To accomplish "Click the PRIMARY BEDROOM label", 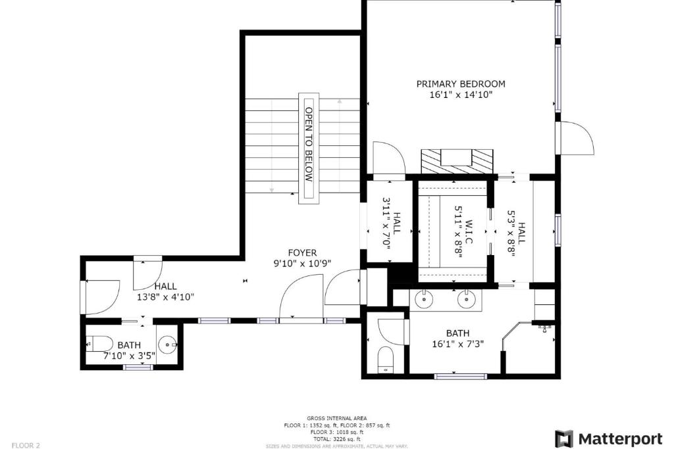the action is tap(460, 83).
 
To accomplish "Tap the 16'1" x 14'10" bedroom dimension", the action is tap(460, 95).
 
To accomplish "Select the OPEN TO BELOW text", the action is tap(309, 144).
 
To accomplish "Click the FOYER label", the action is tap(302, 253).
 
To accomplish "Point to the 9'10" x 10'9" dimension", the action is tap(302, 263).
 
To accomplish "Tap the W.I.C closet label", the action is tap(469, 232).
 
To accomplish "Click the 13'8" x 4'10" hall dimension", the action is tap(165, 296).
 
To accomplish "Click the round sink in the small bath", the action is tap(168, 344).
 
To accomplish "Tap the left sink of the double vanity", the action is tap(424, 298).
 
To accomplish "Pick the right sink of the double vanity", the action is tap(466, 298).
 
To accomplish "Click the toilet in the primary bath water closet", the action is tap(385, 360).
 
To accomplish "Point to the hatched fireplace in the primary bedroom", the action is tap(457, 162).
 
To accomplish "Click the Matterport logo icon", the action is tap(564, 438).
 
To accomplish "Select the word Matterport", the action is tap(620, 439).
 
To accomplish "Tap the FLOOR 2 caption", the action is tap(26, 445).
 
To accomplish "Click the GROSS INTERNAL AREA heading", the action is tap(336, 418).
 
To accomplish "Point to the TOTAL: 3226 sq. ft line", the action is tap(336, 439).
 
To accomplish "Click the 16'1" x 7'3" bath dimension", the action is tap(458, 344).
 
